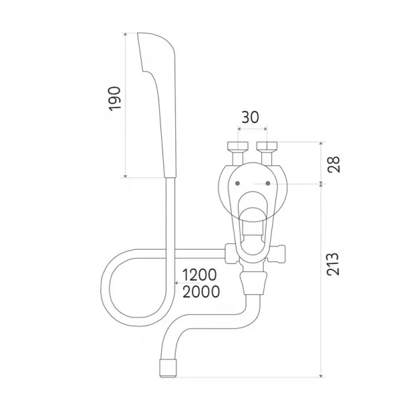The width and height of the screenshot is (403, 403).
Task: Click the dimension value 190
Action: click(115, 99)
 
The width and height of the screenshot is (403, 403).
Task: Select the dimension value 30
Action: click(250, 117)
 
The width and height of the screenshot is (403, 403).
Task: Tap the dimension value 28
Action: click(334, 165)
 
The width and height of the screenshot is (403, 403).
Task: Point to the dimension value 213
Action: click(333, 265)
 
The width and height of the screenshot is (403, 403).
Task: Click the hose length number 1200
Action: click(199, 275)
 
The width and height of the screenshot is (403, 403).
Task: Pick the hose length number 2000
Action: click(201, 292)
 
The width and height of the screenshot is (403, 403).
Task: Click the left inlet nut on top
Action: click(238, 146)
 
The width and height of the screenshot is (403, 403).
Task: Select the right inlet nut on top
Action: click(267, 146)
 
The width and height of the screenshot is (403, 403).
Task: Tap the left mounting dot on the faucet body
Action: click(238, 183)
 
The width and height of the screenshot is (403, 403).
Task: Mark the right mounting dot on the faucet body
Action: click(268, 183)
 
